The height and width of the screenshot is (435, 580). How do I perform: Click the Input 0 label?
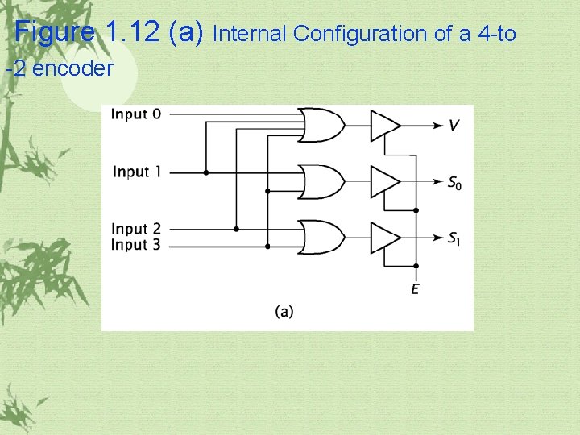pos(135,114)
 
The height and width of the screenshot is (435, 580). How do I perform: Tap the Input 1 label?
pos(136,172)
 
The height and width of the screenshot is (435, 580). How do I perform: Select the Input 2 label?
pos(135,229)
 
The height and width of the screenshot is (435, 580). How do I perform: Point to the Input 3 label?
pos(135,244)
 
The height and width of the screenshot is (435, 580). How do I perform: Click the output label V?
pos(454,125)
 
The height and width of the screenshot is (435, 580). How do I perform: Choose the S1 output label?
pos(456,238)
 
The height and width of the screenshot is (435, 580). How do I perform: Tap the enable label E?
pos(415,288)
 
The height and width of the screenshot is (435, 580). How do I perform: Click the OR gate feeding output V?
pos(321,125)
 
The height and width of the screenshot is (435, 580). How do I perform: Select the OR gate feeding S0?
pos(321,181)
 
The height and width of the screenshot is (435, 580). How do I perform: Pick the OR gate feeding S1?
pos(321,237)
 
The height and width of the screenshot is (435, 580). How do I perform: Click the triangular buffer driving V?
pos(383,125)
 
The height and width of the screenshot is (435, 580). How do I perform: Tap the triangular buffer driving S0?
pos(383,181)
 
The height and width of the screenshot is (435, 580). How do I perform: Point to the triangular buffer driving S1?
pos(383,237)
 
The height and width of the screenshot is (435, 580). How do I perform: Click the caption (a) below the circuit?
pos(284,310)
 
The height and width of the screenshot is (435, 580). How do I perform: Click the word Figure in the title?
pos(55,33)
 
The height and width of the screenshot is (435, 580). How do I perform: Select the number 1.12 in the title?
pos(134,33)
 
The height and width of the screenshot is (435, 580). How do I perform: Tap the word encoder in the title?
pos(73,68)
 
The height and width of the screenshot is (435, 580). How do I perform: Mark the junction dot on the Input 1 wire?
pos(206,172)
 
